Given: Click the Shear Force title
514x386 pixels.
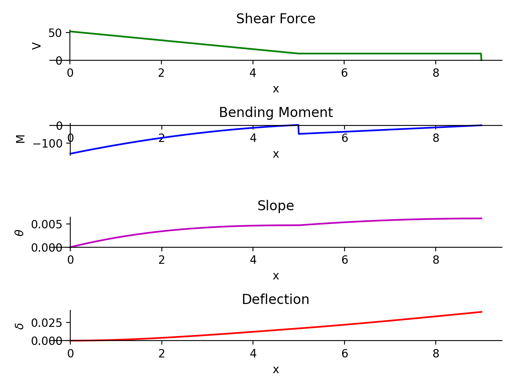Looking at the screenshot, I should [275, 19].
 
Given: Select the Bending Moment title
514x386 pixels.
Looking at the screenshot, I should [275, 113].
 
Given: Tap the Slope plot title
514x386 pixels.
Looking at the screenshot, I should [275, 206].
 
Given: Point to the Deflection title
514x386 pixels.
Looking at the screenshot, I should [275, 300].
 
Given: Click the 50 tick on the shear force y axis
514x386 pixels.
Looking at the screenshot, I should [55, 33].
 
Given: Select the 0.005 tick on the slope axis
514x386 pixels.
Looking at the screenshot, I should [47, 224].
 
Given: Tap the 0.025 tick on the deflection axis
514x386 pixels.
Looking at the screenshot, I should [47, 322].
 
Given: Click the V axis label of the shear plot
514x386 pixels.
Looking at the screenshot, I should [37, 46].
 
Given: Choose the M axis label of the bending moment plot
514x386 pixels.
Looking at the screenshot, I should [20, 139].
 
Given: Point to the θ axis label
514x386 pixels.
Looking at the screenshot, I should [20, 232].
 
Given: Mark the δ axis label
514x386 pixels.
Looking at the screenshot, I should [20, 326].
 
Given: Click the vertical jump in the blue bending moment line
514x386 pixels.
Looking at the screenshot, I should [298, 129].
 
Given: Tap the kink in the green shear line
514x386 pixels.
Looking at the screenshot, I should [298, 53].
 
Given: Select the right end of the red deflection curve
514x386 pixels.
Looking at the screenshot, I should [481, 312].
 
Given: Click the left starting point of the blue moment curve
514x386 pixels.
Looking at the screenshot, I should [70, 154].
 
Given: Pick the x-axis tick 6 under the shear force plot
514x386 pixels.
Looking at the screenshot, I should [344, 73].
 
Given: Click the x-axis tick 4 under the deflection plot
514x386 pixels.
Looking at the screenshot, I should [253, 353].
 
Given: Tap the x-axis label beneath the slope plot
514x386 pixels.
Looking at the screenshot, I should [275, 276].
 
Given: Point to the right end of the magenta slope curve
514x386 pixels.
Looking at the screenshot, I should [481, 218].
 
